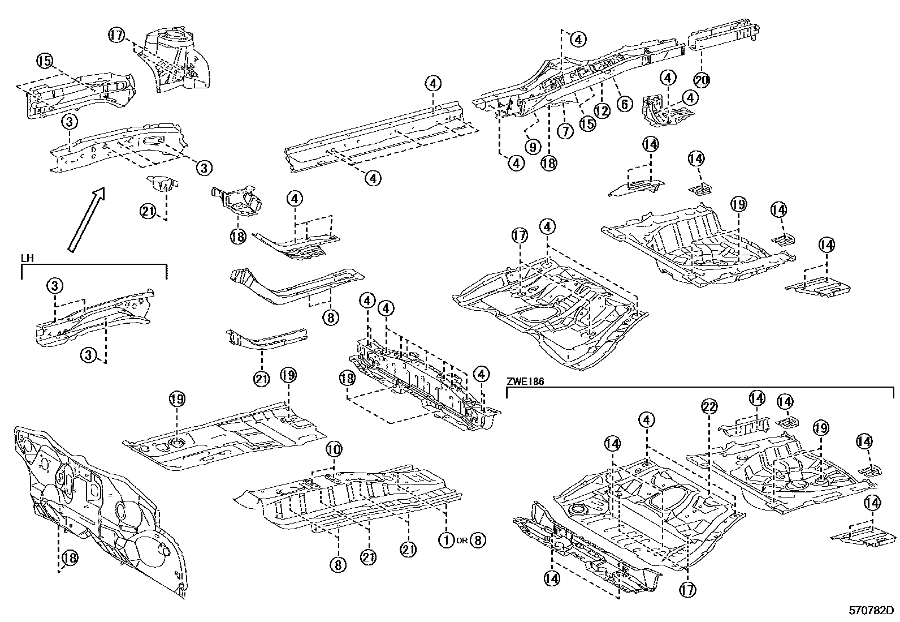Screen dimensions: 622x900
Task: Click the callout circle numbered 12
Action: tap(602, 111)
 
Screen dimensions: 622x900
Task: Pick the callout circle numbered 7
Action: tap(565, 131)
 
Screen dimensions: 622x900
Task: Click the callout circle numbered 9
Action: tap(532, 147)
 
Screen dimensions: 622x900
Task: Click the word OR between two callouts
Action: tap(462, 541)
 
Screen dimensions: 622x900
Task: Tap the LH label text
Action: tap(27, 258)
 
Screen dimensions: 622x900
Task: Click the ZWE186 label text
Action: tap(525, 382)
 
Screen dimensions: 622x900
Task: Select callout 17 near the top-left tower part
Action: tap(116, 35)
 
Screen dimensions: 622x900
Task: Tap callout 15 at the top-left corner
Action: tap(45, 60)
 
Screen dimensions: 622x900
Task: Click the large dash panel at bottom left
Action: tap(96, 509)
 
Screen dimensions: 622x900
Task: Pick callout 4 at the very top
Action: tap(578, 39)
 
